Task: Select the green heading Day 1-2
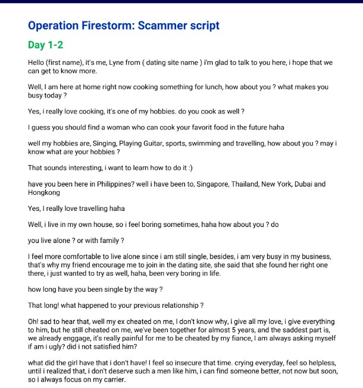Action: point(45,45)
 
